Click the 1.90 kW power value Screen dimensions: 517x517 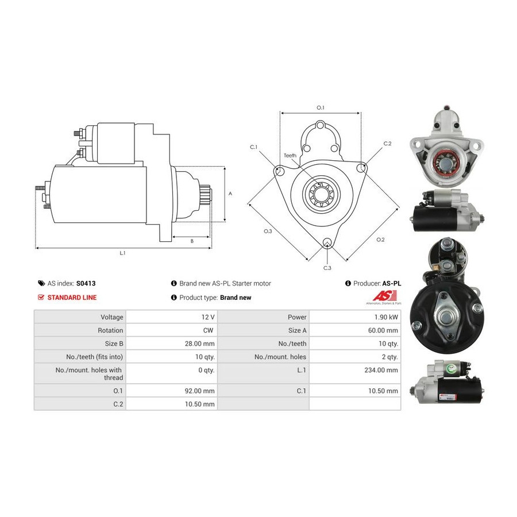tap(386, 317)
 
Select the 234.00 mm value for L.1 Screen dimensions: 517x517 tap(381, 370)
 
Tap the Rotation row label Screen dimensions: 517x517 tap(110, 330)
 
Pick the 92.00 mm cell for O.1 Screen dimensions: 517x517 tap(199, 391)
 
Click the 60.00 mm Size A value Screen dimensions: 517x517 tap(383, 330)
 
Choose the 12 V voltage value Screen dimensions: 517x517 tap(208, 317)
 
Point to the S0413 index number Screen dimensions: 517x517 tap(86, 283)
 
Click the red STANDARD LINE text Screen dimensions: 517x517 tap(72, 298)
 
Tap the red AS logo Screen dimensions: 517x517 tap(385, 295)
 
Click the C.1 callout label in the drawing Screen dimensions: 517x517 tap(253, 147)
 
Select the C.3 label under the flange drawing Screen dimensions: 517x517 tap(327, 268)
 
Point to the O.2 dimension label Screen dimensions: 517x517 tap(380, 240)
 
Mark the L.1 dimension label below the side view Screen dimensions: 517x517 tap(122, 253)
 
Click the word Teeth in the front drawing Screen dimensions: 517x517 tap(290, 155)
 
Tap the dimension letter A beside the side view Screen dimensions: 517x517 tap(230, 194)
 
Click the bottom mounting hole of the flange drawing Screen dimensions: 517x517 tap(327, 242)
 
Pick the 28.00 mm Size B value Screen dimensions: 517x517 tap(199, 344)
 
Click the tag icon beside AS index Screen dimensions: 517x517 tap(41, 283)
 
